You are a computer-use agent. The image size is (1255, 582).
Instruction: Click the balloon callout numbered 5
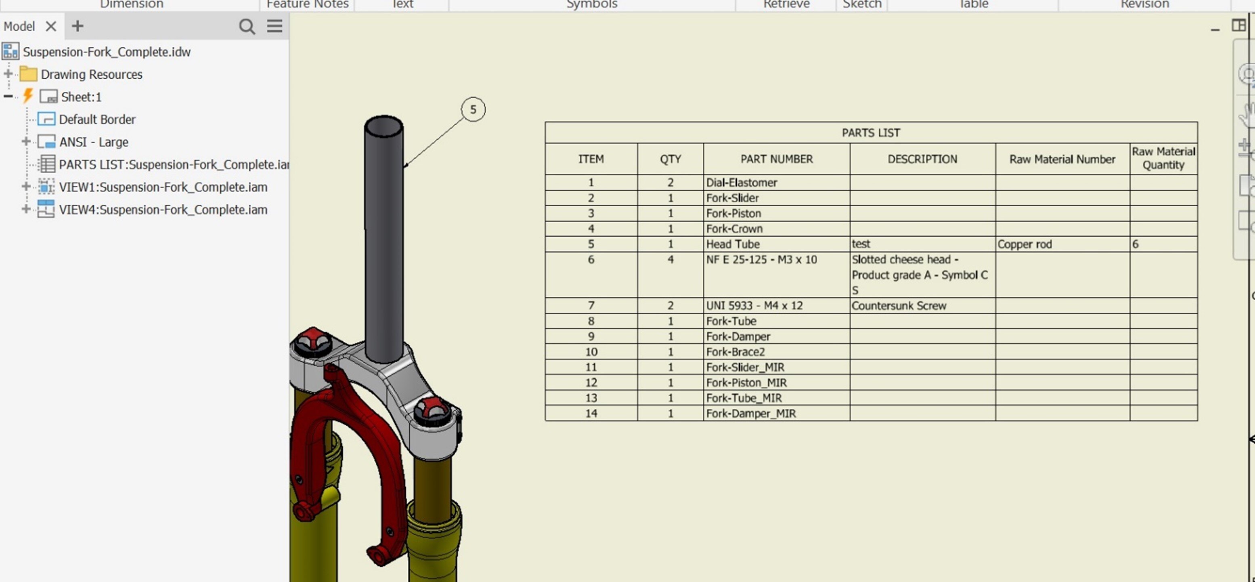473,110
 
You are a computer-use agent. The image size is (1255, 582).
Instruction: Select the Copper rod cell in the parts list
1024,244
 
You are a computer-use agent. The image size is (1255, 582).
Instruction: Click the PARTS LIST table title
871,132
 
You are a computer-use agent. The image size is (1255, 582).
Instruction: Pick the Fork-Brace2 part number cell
735,352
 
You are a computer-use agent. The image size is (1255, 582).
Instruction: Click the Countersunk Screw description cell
899,306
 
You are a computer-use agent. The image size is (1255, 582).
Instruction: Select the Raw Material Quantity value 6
1135,244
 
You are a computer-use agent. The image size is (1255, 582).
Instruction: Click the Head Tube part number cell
733,244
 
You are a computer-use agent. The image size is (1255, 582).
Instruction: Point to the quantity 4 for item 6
670,260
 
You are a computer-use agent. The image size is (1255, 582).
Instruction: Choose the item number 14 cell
591,413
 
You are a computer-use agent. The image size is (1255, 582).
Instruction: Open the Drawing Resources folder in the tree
91,75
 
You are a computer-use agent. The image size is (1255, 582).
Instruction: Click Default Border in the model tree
97,120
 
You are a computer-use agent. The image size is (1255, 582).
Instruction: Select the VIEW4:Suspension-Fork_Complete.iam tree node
163,210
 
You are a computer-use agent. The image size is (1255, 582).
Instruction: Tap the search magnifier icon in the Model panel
247,26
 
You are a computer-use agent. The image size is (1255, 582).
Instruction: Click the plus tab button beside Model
78,26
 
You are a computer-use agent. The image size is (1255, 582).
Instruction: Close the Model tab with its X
51,26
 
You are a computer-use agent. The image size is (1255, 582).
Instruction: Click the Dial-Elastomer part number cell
742,182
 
